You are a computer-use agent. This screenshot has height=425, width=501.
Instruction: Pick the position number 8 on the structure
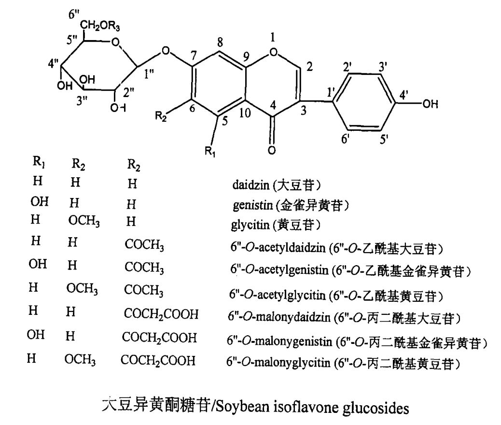point(220,42)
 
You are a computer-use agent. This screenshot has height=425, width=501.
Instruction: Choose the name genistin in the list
point(248,204)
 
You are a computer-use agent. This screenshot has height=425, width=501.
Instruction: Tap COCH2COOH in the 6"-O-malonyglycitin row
point(158,360)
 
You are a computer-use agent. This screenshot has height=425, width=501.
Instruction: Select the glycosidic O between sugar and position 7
point(166,50)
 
